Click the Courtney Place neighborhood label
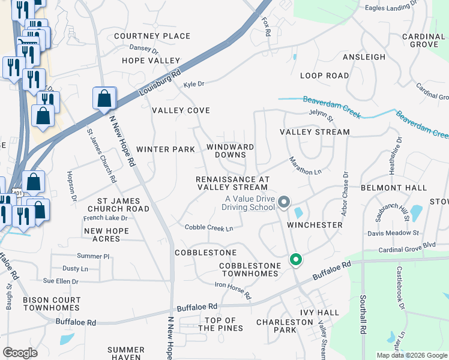(x=152, y=36)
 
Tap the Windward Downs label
(x=230, y=151)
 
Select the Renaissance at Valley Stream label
(x=232, y=183)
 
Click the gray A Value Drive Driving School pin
(x=285, y=202)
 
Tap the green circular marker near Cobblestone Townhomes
(x=295, y=260)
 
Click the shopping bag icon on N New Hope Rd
(x=104, y=98)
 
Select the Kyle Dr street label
(x=194, y=84)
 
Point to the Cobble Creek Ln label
(x=208, y=228)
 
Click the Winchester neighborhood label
(x=314, y=225)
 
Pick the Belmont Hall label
(x=385, y=188)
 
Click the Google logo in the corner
(x=20, y=352)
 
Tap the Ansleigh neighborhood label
(x=364, y=57)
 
